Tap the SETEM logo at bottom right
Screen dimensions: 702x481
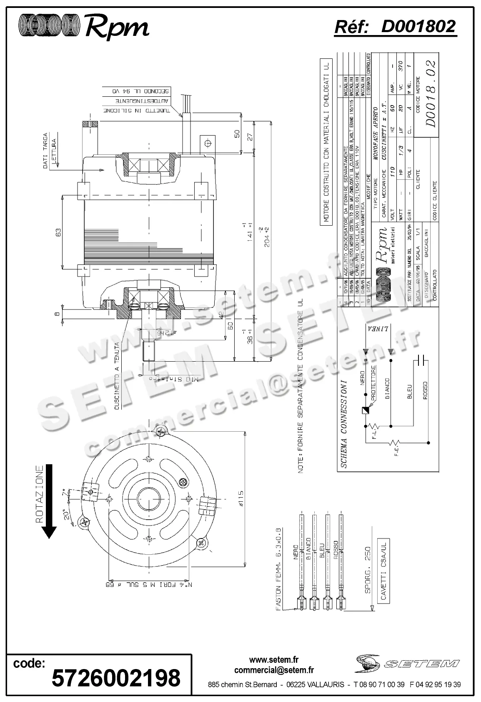click(407, 664)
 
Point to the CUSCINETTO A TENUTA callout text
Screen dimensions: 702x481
click(118, 377)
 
